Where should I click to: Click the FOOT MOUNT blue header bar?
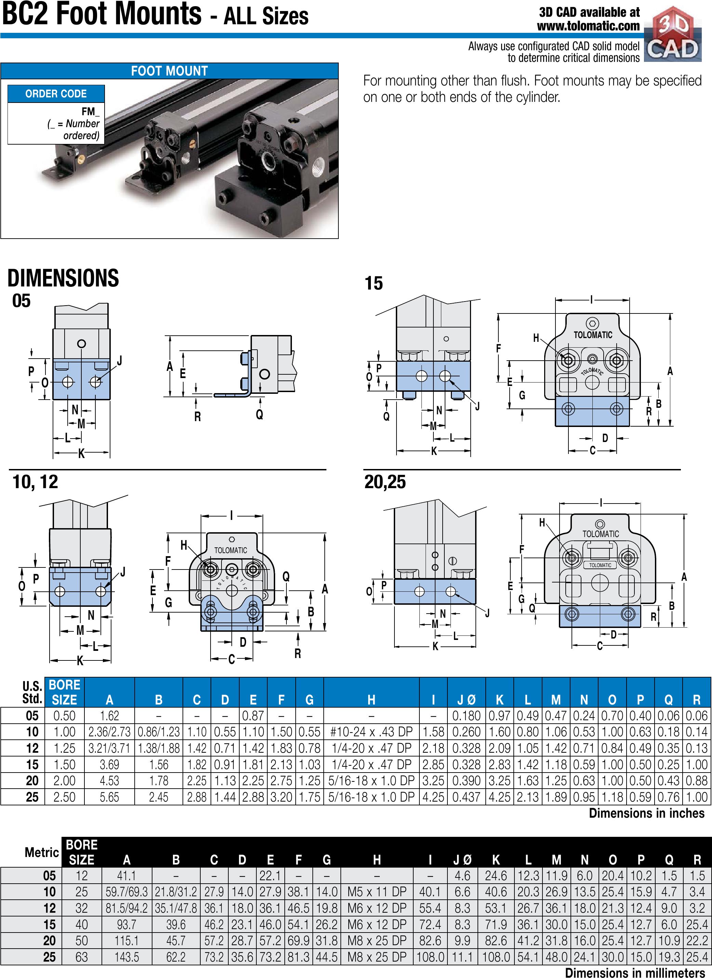[x=170, y=71]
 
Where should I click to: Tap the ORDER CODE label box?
[x=56, y=94]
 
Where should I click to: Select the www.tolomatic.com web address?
[x=588, y=26]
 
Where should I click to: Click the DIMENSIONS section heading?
[x=63, y=278]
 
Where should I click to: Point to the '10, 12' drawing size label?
[x=35, y=482]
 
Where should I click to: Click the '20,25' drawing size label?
[x=385, y=482]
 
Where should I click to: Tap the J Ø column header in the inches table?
[x=466, y=699]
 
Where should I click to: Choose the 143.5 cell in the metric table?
[x=127, y=957]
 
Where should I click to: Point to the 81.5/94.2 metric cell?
[x=127, y=908]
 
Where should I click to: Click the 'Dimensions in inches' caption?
[x=646, y=813]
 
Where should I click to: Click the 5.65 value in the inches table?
[x=109, y=797]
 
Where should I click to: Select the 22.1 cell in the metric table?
[x=270, y=875]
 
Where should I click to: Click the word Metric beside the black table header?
[x=42, y=852]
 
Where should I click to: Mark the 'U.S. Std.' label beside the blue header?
[x=32, y=692]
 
